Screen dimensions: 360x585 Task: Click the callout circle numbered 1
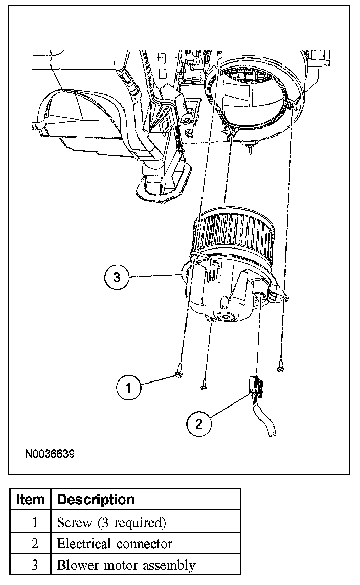coord(129,388)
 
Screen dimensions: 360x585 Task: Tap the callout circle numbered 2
coord(199,423)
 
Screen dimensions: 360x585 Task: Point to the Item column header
coord(31,499)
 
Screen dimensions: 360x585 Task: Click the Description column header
coord(96,499)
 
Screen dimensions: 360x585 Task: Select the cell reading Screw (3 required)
coord(111,522)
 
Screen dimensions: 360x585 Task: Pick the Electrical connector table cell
coord(115,544)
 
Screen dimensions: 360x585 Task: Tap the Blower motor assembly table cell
coord(126,565)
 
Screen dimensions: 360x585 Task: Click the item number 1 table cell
coord(35,522)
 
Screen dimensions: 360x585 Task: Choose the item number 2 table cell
coord(35,544)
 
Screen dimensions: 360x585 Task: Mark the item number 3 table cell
coord(35,565)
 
